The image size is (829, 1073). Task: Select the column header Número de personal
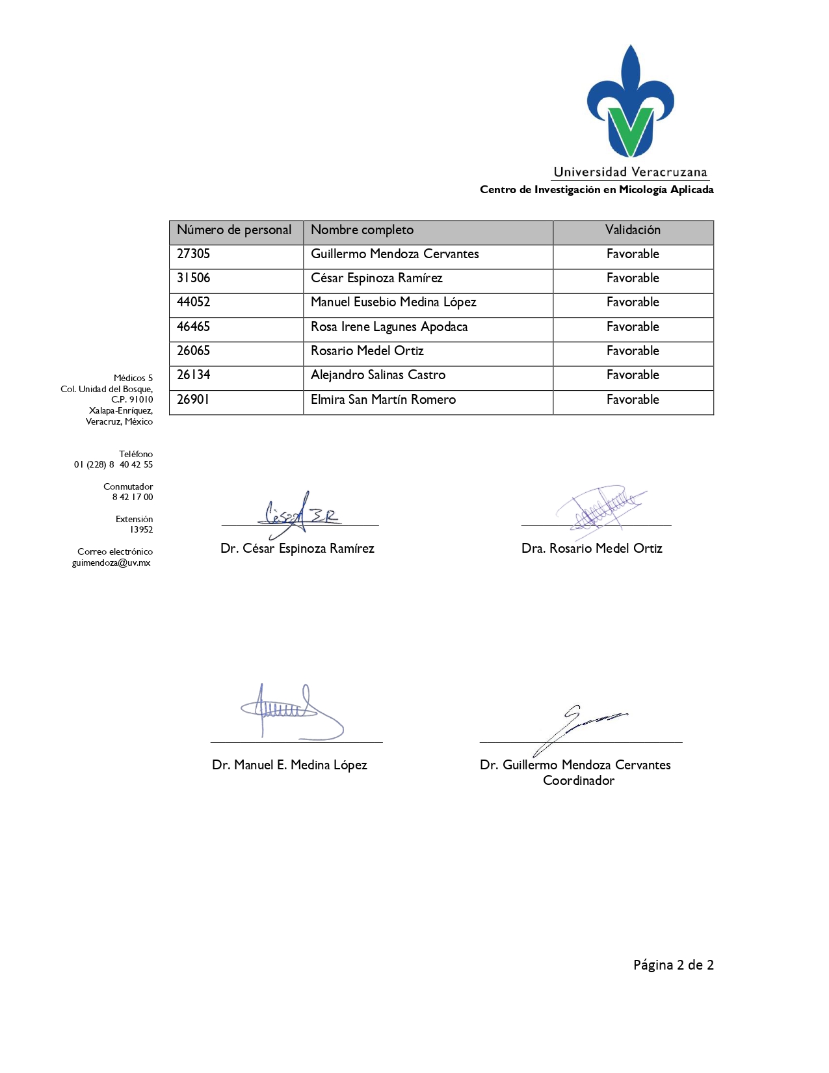coord(234,230)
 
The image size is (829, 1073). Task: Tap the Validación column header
coord(633,230)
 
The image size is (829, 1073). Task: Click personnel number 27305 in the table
coord(194,254)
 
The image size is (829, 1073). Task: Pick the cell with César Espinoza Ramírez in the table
coord(376,278)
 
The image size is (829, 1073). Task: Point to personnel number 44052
coord(194,302)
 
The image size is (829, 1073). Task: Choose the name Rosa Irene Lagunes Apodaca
coord(389,327)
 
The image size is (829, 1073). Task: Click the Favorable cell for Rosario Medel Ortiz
coord(633,351)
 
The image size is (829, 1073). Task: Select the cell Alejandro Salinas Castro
coord(378,375)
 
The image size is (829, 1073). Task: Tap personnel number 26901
coord(194,400)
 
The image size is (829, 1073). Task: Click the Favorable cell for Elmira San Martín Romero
coord(633,400)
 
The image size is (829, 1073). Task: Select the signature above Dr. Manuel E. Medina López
coord(293,712)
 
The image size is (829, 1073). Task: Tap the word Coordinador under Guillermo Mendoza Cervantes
coord(579,781)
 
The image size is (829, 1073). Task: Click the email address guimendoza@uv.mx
coord(111,563)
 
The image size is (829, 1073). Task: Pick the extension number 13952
coord(141,530)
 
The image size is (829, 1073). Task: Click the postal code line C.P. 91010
coord(132,400)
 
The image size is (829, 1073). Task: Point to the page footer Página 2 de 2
coord(674,965)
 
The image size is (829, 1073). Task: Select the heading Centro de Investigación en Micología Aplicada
coord(596,190)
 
